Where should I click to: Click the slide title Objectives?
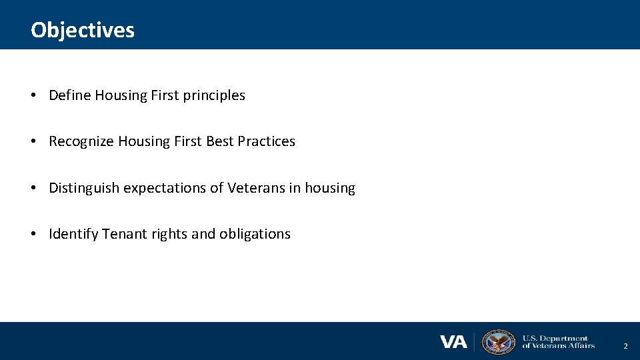[x=82, y=30]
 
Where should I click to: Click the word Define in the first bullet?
[x=70, y=95]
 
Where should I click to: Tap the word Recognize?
[x=81, y=141]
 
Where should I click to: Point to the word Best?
[x=219, y=141]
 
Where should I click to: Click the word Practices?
[x=266, y=141]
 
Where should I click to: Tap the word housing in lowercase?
[x=330, y=188]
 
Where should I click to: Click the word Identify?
[x=73, y=234]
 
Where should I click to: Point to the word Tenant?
[x=123, y=234]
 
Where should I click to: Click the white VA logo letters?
[x=453, y=342]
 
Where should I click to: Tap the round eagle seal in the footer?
[x=498, y=342]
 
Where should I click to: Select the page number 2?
[x=625, y=347]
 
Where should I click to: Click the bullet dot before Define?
[x=33, y=96]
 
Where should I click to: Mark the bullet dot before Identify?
[x=33, y=235]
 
